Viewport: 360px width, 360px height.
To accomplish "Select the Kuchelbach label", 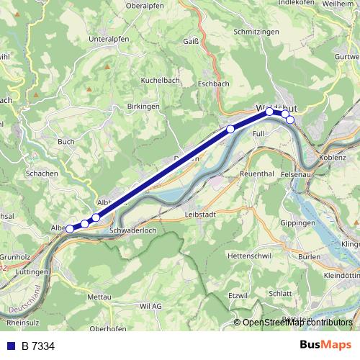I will coord(159,80).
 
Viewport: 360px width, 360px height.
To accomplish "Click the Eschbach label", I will coord(213,84).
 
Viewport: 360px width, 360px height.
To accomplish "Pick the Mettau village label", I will coord(99,297).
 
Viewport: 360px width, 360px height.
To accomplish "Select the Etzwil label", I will coord(238,295).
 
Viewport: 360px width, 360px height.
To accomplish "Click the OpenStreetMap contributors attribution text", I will coord(298,323).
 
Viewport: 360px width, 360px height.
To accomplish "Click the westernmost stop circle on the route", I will coord(70,229).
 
